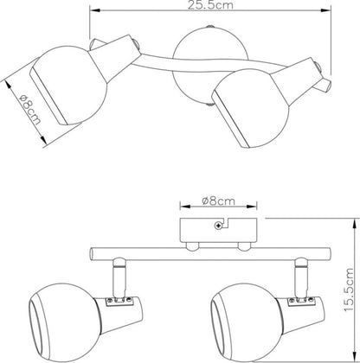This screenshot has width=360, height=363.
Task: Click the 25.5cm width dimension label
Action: coord(210,5)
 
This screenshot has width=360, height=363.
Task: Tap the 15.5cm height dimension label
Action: coord(349,290)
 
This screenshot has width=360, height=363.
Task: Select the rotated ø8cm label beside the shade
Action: coord(30,110)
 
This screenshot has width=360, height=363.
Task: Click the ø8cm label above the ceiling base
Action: coord(218,201)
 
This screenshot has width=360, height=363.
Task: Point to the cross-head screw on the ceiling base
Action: coord(218,226)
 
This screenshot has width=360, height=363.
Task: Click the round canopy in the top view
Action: coord(209,67)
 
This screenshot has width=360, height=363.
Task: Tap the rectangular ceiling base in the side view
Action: coord(218,230)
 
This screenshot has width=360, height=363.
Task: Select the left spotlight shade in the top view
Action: coord(69,86)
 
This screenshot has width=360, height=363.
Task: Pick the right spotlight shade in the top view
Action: coord(250,108)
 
